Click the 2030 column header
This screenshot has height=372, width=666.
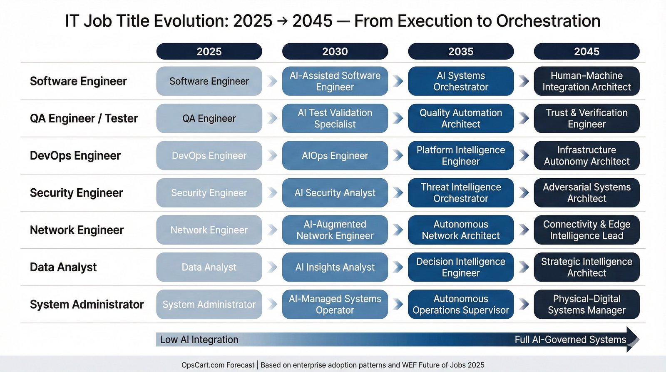(x=335, y=51)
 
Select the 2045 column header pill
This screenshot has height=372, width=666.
(x=586, y=51)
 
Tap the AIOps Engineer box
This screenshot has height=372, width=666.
(x=335, y=155)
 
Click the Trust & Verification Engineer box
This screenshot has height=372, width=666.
(x=586, y=118)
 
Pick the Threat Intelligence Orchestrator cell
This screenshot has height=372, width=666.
(x=461, y=192)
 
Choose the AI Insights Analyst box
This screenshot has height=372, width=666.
(x=335, y=267)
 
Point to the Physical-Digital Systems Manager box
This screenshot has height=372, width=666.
(x=586, y=305)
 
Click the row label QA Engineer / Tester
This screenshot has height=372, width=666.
(x=84, y=118)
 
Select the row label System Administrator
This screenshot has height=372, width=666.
(x=87, y=305)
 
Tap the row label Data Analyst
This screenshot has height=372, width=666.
(x=63, y=267)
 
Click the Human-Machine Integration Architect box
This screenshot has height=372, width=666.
(x=586, y=81)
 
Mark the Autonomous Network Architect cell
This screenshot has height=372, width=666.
(x=461, y=230)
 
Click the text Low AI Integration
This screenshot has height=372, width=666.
(x=199, y=340)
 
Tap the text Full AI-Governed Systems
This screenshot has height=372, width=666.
(x=570, y=340)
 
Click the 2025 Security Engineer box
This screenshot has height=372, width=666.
(x=209, y=192)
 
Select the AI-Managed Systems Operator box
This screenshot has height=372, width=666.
(x=335, y=305)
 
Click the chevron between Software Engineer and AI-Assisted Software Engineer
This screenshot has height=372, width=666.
(x=272, y=81)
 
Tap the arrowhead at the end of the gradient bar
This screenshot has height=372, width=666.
(x=632, y=340)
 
